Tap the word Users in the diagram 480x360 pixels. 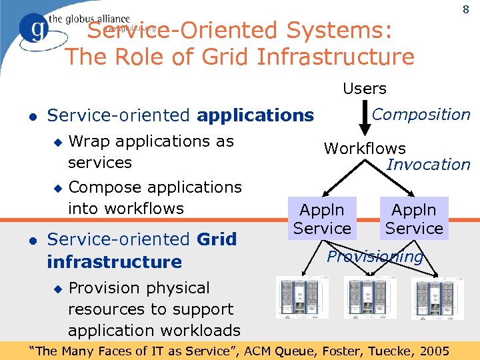tap(365, 88)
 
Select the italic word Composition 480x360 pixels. tap(421, 115)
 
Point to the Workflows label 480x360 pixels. tap(365, 149)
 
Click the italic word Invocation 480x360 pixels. tap(428, 165)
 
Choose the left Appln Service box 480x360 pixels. tap(322, 219)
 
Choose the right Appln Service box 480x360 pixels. tap(413, 219)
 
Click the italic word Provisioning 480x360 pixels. tap(375, 257)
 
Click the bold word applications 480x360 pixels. tap(255, 115)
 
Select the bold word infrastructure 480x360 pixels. tap(114, 261)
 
